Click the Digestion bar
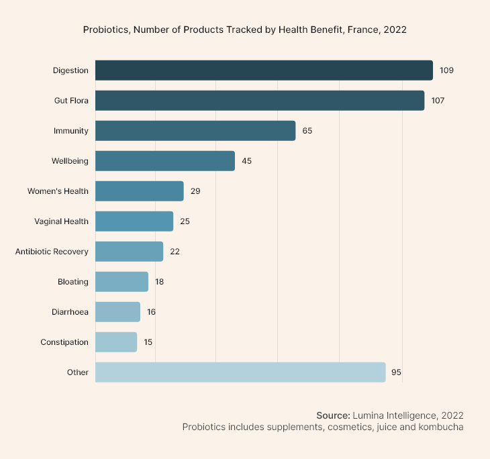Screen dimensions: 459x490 (x=264, y=70)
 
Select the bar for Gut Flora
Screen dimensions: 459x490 (x=260, y=101)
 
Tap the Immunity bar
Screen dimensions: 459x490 (x=195, y=131)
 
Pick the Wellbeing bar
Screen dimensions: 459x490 (x=165, y=161)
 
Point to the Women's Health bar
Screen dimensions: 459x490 (x=140, y=191)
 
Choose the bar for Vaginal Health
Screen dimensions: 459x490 (x=134, y=221)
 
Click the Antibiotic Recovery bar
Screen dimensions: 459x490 (x=129, y=252)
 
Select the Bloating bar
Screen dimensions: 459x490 (x=121, y=282)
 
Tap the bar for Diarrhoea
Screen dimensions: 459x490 (x=117, y=312)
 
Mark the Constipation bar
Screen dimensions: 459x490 (x=116, y=342)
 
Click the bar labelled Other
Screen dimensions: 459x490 (x=240, y=372)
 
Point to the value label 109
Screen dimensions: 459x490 (x=448, y=70)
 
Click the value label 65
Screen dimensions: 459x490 (x=307, y=131)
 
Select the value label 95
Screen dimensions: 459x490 (x=397, y=372)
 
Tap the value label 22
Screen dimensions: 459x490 (x=175, y=252)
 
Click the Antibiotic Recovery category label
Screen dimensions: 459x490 (x=52, y=252)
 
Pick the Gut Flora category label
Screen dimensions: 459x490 (x=71, y=101)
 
